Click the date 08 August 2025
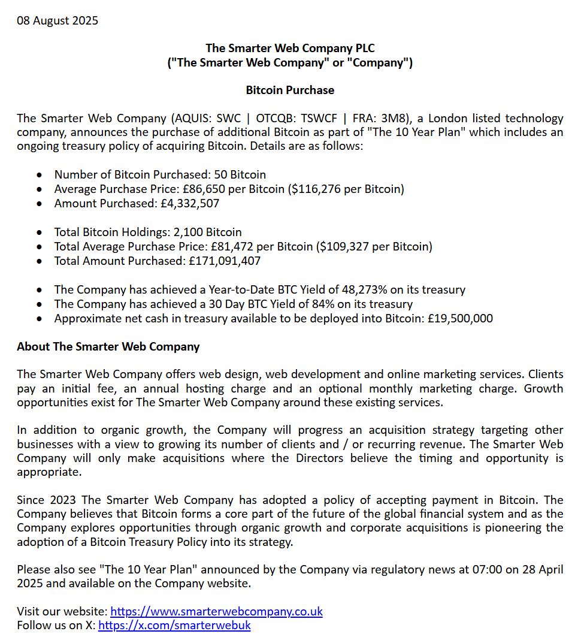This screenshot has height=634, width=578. click(58, 21)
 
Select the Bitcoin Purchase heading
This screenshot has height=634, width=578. click(290, 90)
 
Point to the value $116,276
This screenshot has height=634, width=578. click(314, 189)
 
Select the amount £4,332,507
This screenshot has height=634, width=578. click(190, 204)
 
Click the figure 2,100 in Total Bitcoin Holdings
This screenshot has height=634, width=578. click(186, 232)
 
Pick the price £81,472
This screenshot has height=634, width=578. click(234, 246)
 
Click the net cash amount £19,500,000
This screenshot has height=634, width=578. click(460, 318)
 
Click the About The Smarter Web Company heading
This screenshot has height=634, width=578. click(108, 346)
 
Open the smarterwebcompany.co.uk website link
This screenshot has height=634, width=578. click(217, 611)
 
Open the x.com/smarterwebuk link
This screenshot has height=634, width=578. click(174, 626)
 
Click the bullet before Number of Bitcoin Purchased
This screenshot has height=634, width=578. click(40, 175)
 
